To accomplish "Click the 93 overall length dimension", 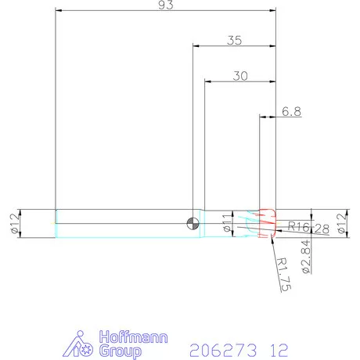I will (164, 5).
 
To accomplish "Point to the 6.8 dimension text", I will (291, 112).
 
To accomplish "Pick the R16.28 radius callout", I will (308, 227).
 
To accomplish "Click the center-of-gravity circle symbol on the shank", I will (193, 223).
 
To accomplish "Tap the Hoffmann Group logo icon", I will (85, 344).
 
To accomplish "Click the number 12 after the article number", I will (278, 349).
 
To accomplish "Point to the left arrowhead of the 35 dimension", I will (196, 46).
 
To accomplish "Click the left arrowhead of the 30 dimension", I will (207, 81).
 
